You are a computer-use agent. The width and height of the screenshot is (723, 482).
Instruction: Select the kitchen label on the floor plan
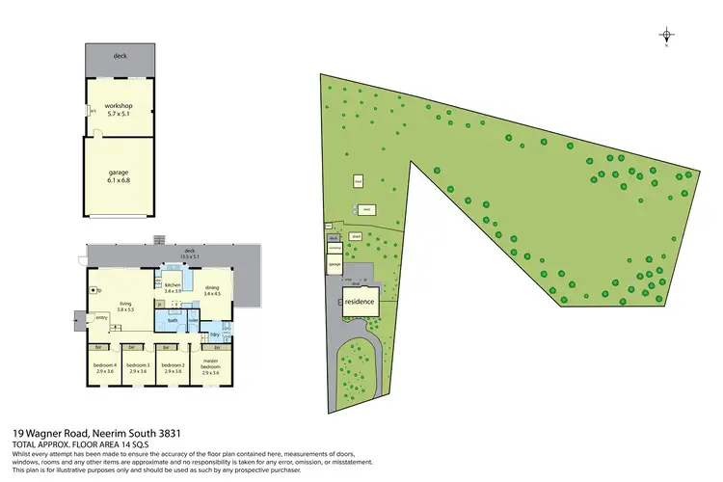173,286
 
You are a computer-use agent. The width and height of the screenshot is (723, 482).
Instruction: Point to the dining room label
212,286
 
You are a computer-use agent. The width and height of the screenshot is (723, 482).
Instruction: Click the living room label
125,306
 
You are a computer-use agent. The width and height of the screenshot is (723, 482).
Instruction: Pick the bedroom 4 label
103,366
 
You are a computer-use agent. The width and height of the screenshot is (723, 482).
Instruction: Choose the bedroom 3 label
138,366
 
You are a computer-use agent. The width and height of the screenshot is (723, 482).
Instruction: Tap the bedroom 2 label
173,366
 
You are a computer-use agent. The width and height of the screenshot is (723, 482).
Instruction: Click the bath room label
174,319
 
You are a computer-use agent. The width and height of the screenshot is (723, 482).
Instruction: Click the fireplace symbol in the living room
94,288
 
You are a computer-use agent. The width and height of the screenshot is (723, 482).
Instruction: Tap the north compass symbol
666,37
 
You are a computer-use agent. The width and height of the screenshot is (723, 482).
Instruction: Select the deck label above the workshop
120,57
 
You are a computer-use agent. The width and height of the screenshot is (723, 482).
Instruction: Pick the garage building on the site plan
335,263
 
